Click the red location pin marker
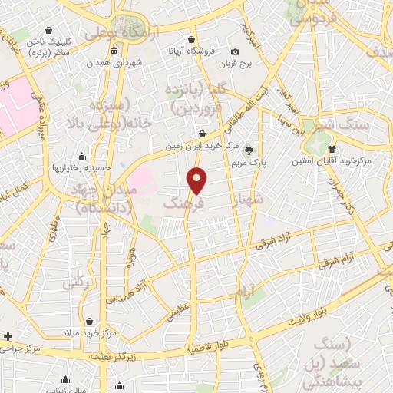(197, 180)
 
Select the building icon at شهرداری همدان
(114, 51)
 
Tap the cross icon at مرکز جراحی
(8, 336)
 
